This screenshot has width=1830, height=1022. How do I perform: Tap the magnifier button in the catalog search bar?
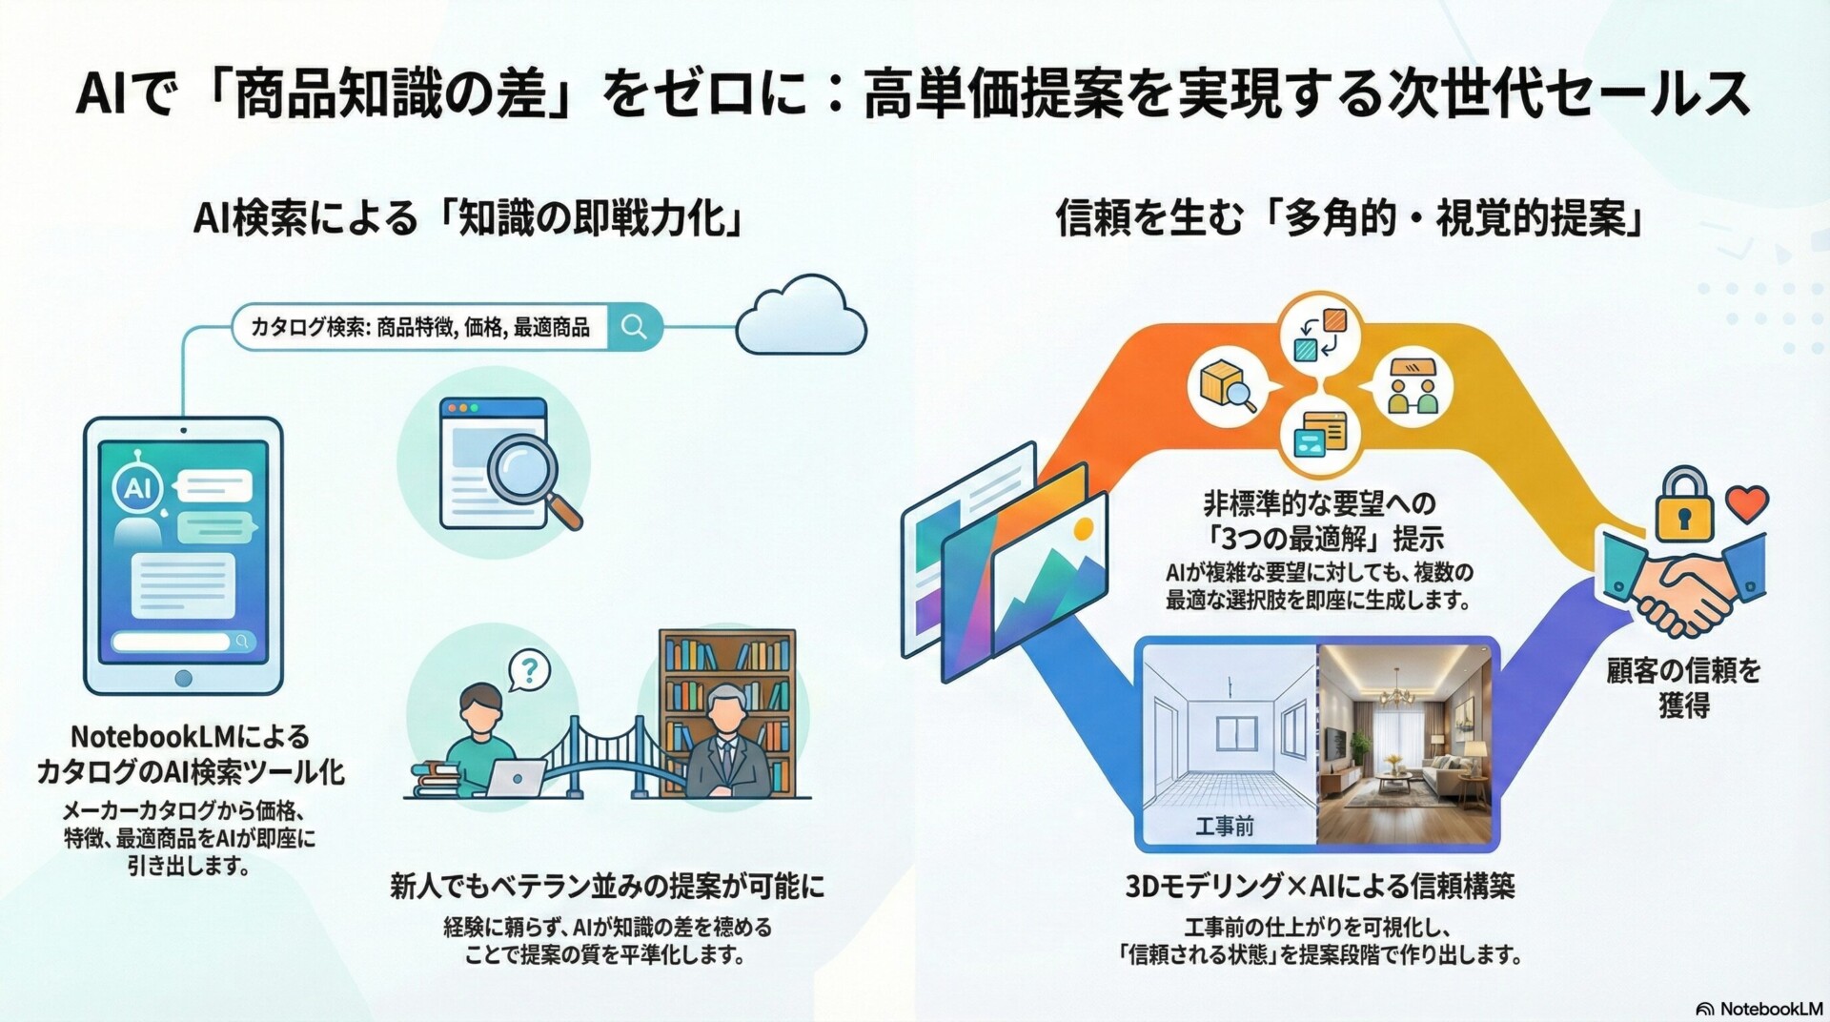(635, 327)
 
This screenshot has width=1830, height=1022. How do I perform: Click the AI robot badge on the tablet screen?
(138, 486)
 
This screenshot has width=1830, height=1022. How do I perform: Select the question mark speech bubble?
(529, 670)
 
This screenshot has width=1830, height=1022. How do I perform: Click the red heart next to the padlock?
(1747, 503)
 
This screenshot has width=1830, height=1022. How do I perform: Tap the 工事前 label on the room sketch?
(1225, 826)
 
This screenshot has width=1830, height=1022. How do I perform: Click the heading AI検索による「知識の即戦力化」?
(468, 219)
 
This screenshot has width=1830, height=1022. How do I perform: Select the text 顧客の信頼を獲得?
(1683, 687)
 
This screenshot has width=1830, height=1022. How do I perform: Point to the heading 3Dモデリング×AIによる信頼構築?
(1320, 887)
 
